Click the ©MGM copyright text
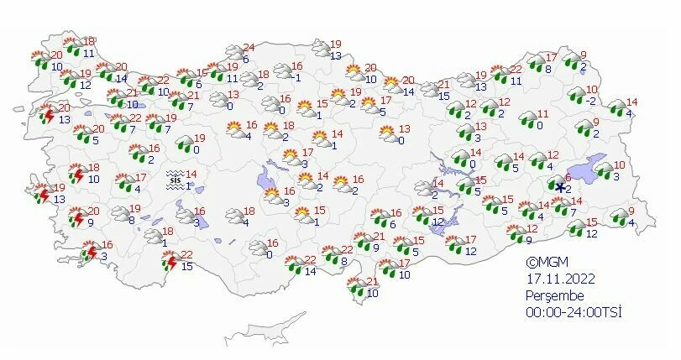(x=544, y=261)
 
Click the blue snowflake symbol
(x=559, y=188)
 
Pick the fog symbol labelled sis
(x=175, y=179)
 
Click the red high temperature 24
(x=247, y=47)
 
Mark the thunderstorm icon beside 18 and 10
(x=78, y=175)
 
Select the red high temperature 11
(x=542, y=114)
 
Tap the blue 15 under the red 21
(x=444, y=97)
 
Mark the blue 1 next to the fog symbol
(x=188, y=185)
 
